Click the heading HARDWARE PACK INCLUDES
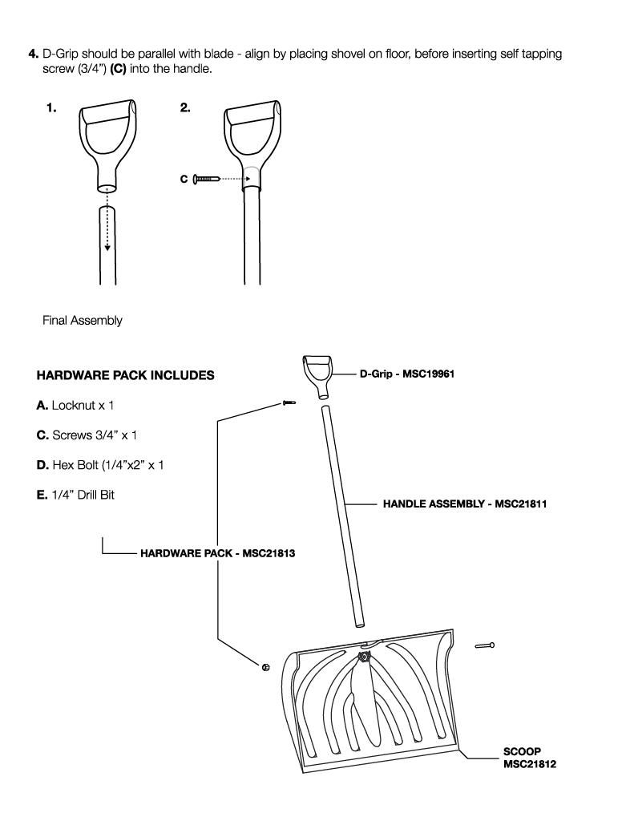(x=125, y=375)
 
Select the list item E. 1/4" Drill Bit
(x=76, y=495)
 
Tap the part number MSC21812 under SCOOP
(x=530, y=764)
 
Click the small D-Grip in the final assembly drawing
(x=319, y=374)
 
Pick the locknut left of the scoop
(x=265, y=667)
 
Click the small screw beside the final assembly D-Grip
(x=288, y=402)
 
